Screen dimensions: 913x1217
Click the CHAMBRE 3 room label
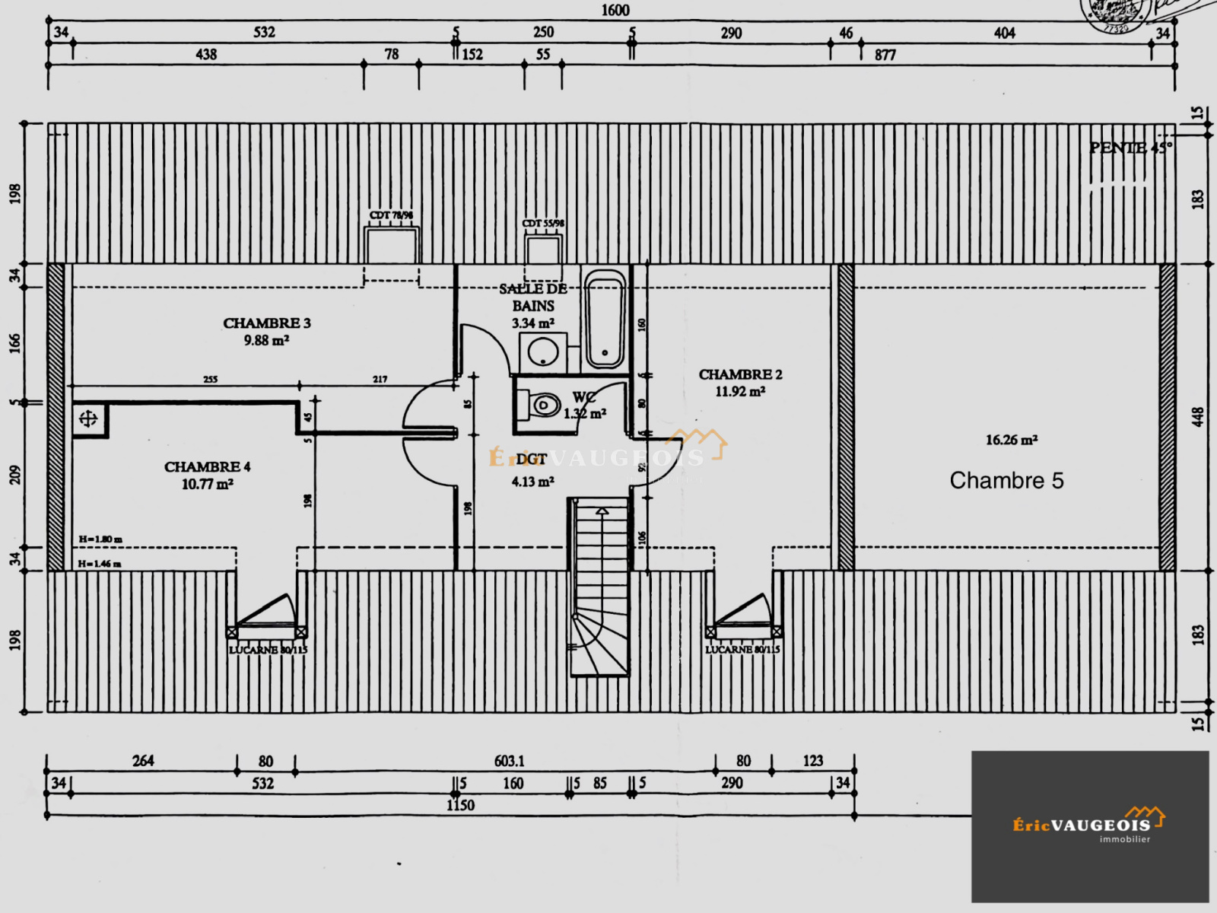(266, 323)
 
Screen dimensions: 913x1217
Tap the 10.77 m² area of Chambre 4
(207, 485)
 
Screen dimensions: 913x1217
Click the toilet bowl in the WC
(543, 404)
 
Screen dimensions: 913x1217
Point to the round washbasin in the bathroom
(543, 353)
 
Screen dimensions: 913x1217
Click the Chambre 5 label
(1006, 481)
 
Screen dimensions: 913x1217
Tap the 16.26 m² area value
(1012, 440)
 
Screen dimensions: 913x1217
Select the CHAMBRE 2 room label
(740, 374)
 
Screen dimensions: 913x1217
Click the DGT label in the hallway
(531, 460)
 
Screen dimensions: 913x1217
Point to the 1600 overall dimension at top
(615, 11)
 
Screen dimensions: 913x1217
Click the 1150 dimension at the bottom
(460, 805)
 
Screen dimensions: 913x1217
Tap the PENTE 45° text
(1130, 148)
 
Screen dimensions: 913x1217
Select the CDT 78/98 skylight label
(391, 215)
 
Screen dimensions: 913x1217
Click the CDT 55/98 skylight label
(543, 223)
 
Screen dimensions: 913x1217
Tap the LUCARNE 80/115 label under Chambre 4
(268, 650)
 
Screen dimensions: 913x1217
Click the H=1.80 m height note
(100, 539)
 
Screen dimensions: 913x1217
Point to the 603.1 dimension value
(509, 761)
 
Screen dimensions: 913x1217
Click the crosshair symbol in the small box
(88, 418)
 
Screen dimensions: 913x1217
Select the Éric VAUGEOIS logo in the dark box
(1089, 825)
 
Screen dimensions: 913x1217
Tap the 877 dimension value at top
(885, 55)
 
